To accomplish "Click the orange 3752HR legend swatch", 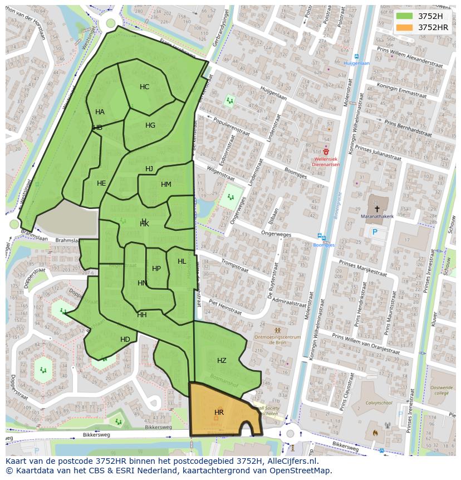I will [x=405, y=27].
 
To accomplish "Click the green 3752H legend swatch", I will [x=405, y=16].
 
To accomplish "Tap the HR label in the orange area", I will [x=219, y=413].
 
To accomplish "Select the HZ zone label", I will [x=222, y=361].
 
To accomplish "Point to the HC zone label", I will [x=144, y=87].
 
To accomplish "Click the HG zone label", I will [x=150, y=125].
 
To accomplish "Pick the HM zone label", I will [x=166, y=185].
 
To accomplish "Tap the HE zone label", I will [x=101, y=183].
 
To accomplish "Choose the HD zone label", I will [x=125, y=340].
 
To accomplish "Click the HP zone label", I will [x=156, y=269].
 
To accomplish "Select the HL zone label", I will [x=182, y=261].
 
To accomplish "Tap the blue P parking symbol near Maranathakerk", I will [x=375, y=232].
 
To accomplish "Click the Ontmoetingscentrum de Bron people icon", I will [x=277, y=330].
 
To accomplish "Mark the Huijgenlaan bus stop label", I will [x=356, y=64].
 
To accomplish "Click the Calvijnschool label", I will [x=379, y=403].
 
